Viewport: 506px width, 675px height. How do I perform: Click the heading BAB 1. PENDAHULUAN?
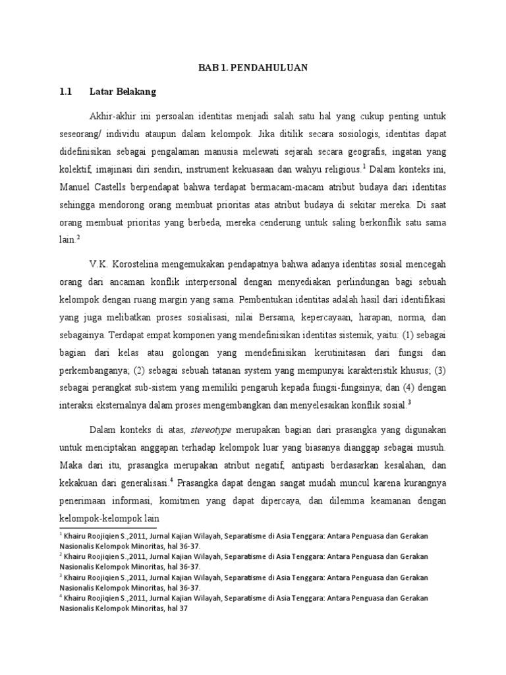click(253, 67)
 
